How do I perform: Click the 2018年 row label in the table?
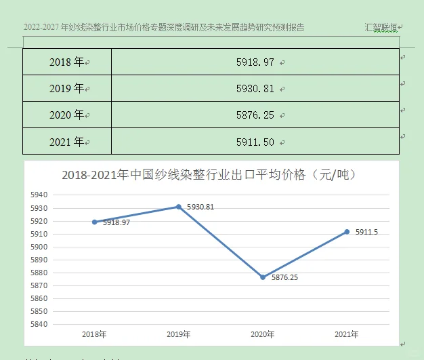pyautogui.click(x=66, y=62)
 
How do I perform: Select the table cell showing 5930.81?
pyautogui.click(x=255, y=89)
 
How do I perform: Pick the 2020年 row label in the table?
pyautogui.click(x=66, y=115)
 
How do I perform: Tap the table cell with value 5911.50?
pyautogui.click(x=255, y=142)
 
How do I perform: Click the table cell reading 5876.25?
pyautogui.click(x=255, y=115)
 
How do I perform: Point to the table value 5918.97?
pyautogui.click(x=255, y=62)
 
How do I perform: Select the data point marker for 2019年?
pyautogui.click(x=179, y=207)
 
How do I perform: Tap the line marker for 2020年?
pyautogui.click(x=263, y=277)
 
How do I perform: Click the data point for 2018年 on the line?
pyautogui.click(x=94, y=222)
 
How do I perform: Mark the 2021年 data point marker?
pyautogui.click(x=347, y=231)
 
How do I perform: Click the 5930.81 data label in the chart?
pyautogui.click(x=200, y=207)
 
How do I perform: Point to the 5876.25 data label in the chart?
pyautogui.click(x=285, y=277)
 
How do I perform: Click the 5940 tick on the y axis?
pyautogui.click(x=39, y=195)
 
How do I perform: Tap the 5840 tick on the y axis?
pyautogui.click(x=39, y=324)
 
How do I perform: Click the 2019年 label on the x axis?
pyautogui.click(x=179, y=334)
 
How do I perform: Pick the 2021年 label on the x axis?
pyautogui.click(x=347, y=334)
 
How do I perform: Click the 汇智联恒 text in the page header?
pyautogui.click(x=381, y=28)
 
